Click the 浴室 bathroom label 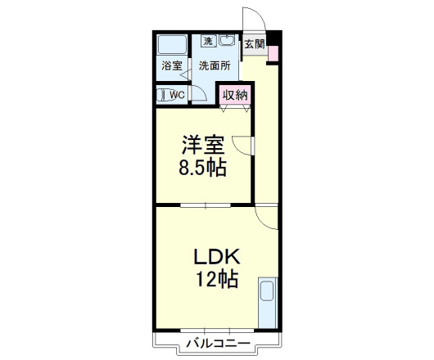tap(171, 66)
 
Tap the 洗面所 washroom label tap(214, 66)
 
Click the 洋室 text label tap(203, 146)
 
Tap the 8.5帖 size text tap(203, 169)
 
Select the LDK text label tap(215, 256)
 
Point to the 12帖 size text tap(216, 280)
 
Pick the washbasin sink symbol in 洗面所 tap(228, 42)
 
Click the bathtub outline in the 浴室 tap(171, 44)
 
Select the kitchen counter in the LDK tap(268, 303)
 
